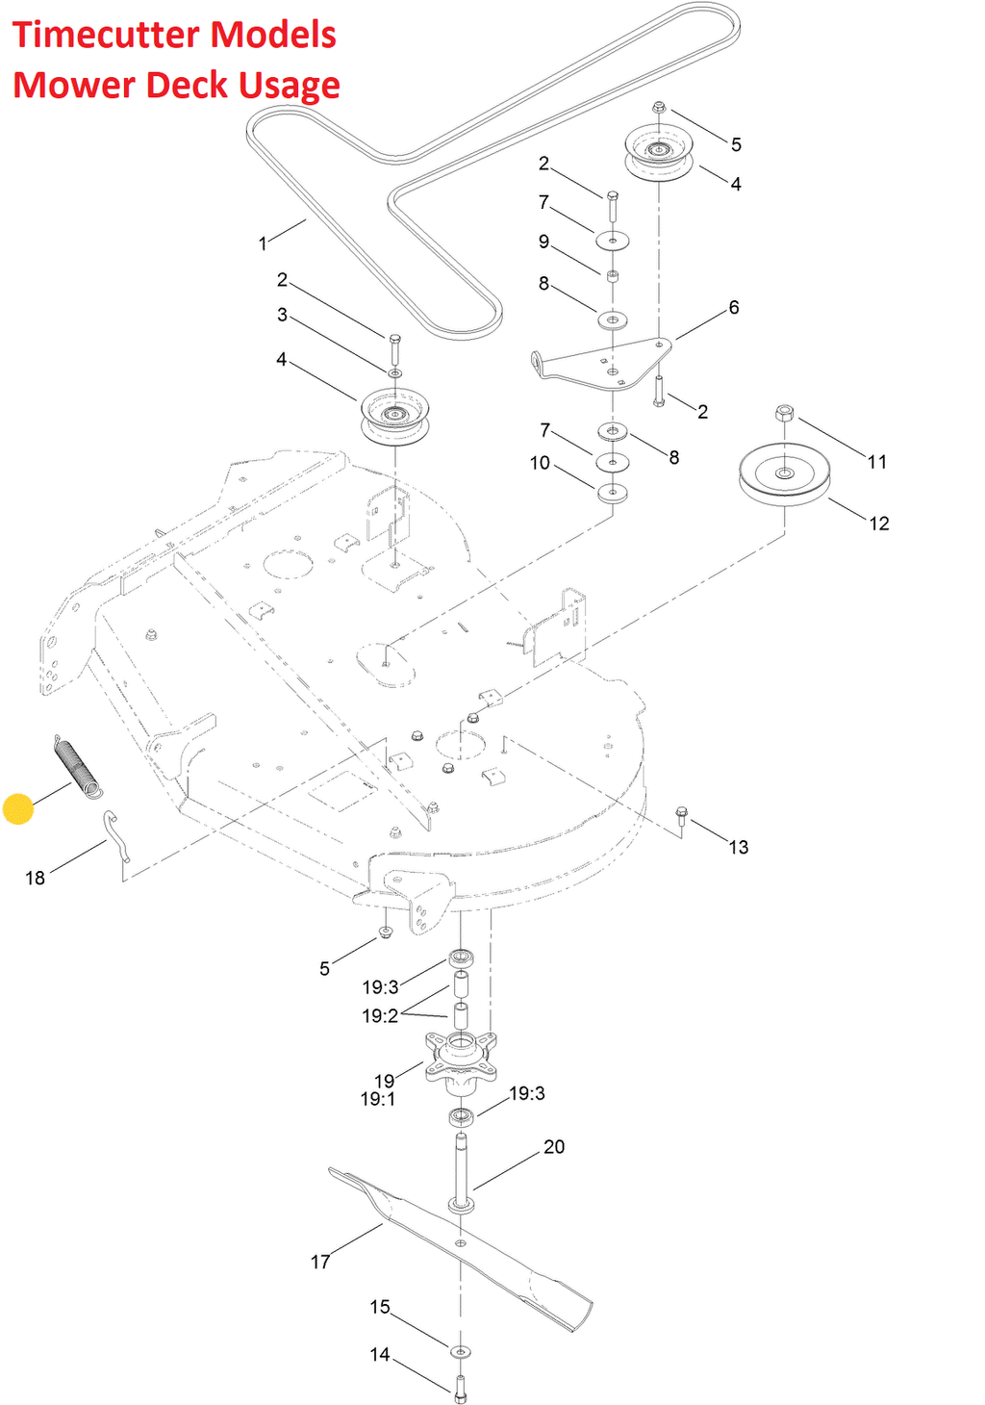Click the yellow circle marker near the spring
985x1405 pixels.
[17, 809]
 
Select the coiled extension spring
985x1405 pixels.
[77, 766]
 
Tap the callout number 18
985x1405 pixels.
[36, 878]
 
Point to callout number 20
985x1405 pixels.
[554, 1146]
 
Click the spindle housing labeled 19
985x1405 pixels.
[461, 1061]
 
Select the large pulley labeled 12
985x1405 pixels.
[784, 474]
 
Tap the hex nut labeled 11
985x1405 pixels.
[784, 414]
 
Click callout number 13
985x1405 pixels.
[739, 848]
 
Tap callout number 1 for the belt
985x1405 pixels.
[263, 243]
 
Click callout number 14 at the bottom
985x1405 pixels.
[380, 1354]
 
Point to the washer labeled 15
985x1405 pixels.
[461, 1350]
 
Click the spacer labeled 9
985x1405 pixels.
[613, 275]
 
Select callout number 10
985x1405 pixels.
[540, 463]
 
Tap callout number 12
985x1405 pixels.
[879, 524]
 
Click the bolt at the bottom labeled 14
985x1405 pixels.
[461, 1388]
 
